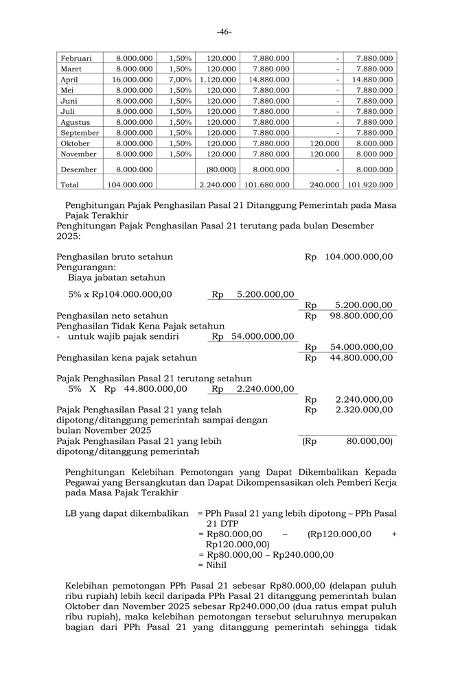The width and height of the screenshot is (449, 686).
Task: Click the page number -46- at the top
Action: pos(224,32)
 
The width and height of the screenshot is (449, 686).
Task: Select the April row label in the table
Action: pos(69,80)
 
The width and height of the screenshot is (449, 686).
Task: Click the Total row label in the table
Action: pos(69,185)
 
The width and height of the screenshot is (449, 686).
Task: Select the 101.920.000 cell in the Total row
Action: pos(370,185)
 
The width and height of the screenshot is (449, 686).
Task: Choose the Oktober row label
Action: pos(76,143)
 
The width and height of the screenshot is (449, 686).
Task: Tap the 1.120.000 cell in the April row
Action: pos(218,80)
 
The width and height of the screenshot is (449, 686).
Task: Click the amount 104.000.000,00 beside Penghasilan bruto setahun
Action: pos(358,257)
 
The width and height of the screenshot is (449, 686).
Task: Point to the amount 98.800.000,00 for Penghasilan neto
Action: pos(361,316)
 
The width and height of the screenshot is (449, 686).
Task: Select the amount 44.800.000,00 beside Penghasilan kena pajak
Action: pos(361,357)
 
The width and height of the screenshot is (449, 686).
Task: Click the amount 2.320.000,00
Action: pos(364,410)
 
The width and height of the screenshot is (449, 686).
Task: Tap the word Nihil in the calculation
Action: pos(214,565)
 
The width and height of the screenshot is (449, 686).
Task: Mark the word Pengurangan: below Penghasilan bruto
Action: pos(86,267)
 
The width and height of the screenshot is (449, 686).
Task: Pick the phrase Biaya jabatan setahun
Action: pos(117,278)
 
